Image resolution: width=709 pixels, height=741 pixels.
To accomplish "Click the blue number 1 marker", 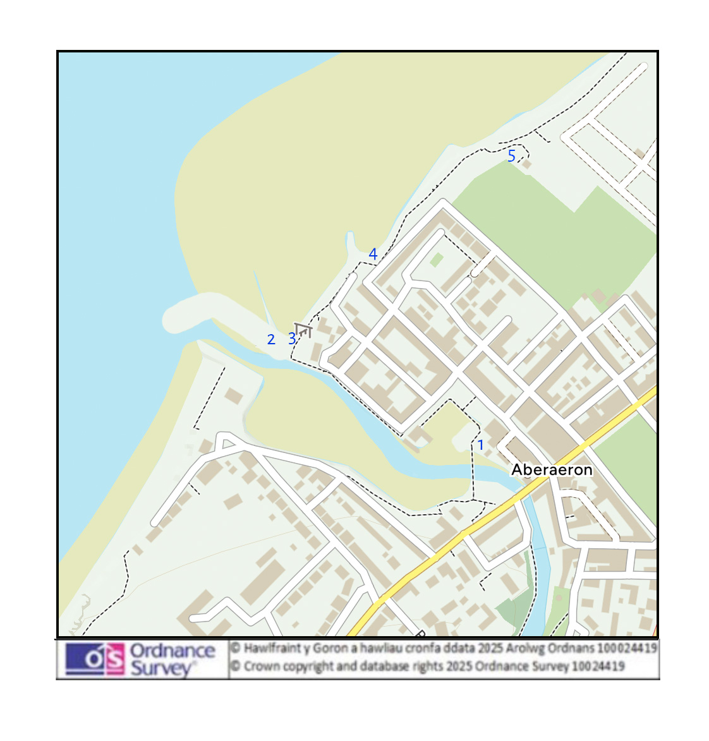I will pos(480,445).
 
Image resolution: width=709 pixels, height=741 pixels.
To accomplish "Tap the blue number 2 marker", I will pos(271,339).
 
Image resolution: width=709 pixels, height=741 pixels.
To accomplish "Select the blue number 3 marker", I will pos(292,339).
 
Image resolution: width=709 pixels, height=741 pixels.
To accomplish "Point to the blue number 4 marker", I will pos(373,254).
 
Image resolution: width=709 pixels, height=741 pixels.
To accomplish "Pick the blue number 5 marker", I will pos(511,155).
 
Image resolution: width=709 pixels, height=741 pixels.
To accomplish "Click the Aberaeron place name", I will pos(552,469).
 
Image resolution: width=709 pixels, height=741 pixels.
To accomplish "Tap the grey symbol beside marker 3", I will pos(304,330).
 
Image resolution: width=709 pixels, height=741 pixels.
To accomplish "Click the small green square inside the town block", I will pos(436,259).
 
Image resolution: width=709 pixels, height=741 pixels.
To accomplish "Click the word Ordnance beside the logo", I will pos(173,651).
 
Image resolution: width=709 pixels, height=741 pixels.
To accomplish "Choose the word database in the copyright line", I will pos(385,666).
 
